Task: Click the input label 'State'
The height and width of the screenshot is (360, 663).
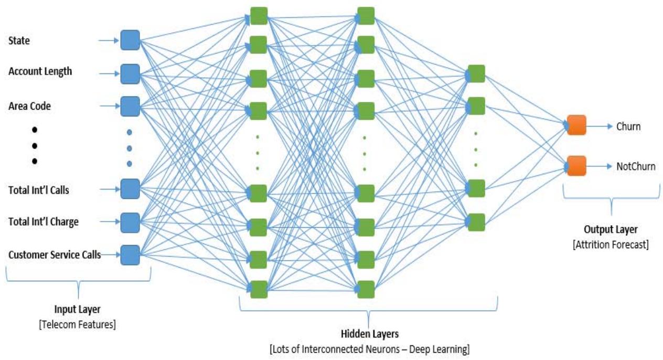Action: point(19,40)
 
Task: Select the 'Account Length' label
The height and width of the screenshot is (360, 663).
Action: point(40,72)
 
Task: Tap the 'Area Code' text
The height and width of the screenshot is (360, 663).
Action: point(29,105)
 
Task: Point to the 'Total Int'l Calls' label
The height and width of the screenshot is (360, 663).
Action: point(39,190)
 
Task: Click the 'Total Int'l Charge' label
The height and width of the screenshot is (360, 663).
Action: point(44,221)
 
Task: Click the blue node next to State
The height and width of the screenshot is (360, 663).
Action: point(130,40)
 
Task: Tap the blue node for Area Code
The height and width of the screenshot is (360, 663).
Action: point(130,105)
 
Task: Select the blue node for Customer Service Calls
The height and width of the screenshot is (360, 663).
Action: point(130,255)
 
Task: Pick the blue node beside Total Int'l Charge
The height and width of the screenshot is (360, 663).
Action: point(130,223)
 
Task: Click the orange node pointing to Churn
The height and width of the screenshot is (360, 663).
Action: point(576,125)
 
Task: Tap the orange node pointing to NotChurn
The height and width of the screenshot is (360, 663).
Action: point(576,166)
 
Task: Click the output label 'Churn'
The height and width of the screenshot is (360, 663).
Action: point(628,126)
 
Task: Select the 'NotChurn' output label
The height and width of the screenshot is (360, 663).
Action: point(636,166)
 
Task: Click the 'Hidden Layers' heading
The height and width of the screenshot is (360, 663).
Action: point(369,333)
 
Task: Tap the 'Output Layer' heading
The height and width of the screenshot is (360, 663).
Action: point(611,231)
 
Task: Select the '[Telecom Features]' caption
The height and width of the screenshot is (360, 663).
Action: point(77,324)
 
